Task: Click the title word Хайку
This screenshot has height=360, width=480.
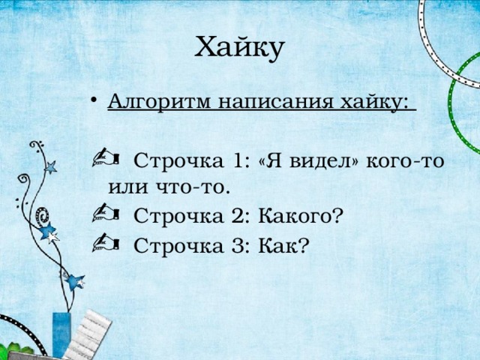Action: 240,48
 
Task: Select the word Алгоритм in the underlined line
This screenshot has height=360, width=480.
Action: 160,100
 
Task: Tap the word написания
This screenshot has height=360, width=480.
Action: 275,101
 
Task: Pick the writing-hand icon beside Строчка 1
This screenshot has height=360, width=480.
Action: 106,157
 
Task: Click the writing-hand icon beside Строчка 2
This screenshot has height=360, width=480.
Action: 106,212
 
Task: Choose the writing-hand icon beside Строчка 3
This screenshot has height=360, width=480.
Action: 106,242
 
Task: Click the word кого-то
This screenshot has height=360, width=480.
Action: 405,161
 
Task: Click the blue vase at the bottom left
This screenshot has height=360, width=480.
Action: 61,335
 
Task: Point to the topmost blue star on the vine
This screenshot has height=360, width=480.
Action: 50,167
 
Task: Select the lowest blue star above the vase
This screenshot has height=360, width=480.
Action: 74,283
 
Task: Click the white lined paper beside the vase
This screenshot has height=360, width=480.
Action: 88,335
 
